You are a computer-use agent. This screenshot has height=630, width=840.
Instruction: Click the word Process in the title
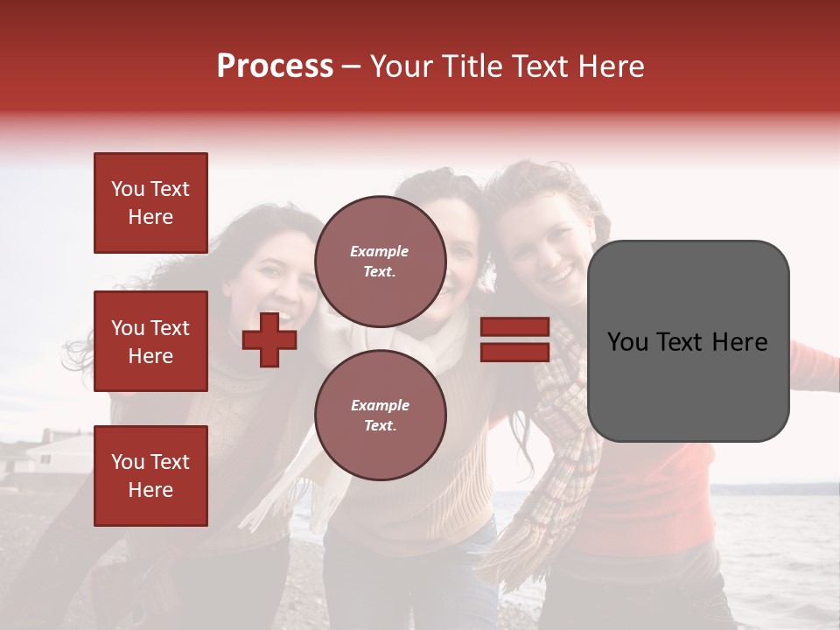(x=275, y=66)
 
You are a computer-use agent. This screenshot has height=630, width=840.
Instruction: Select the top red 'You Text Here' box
(x=150, y=203)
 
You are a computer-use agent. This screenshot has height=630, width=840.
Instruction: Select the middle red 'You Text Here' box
(x=150, y=341)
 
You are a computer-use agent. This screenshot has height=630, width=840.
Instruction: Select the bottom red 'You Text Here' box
(x=150, y=475)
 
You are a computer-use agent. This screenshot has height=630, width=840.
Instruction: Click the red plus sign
(x=269, y=339)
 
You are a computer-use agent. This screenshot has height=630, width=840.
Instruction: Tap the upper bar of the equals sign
(x=514, y=327)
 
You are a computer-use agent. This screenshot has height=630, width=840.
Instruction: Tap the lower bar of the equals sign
(x=514, y=352)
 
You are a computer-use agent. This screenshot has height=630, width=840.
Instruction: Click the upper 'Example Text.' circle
(x=380, y=261)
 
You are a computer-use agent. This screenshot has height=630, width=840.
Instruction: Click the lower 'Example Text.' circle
(x=380, y=415)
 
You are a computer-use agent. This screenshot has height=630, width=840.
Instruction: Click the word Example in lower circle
(x=380, y=405)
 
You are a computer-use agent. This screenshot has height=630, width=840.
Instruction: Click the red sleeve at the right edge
(x=814, y=359)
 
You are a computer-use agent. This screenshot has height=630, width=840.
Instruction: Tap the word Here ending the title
(x=613, y=66)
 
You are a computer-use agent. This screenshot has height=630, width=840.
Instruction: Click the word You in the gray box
(x=628, y=342)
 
